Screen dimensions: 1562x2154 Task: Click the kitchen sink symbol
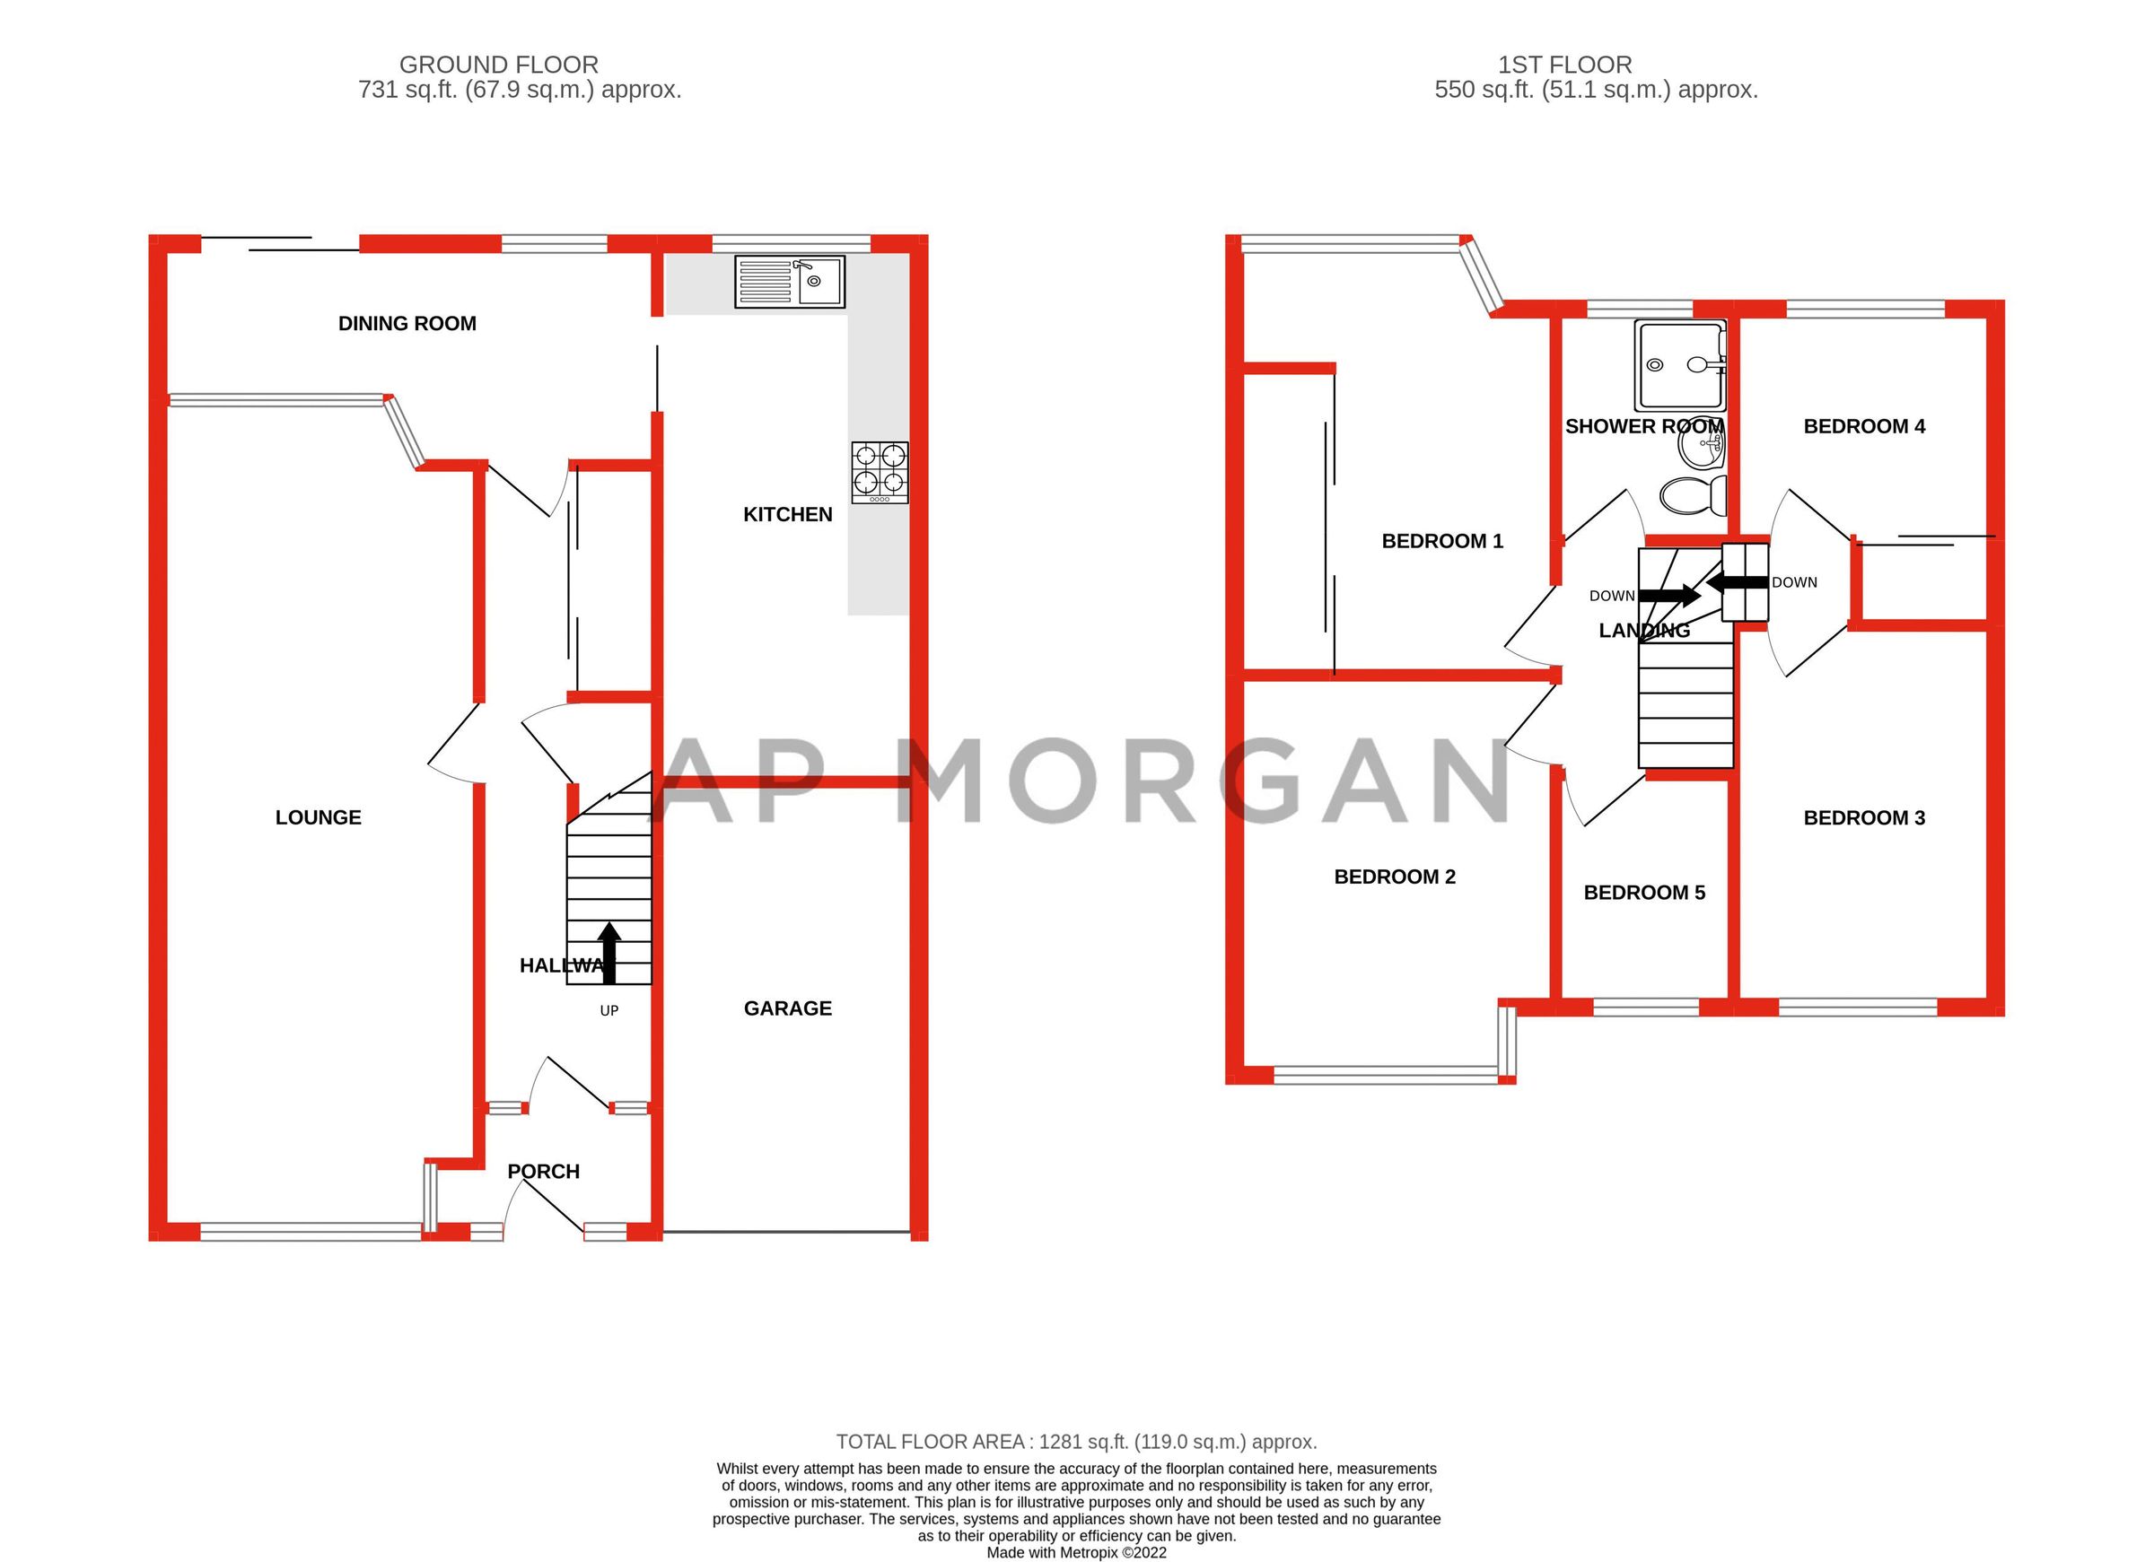[x=789, y=281]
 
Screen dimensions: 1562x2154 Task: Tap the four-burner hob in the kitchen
[x=880, y=472]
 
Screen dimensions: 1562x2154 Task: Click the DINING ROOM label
[x=407, y=324]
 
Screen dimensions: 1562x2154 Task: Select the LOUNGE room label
[x=318, y=817]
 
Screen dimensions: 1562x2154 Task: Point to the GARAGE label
[x=787, y=1008]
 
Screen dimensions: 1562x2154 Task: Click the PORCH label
[x=543, y=1172]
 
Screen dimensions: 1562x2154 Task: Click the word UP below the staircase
[x=609, y=1011]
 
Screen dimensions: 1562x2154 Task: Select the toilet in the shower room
[x=1693, y=495]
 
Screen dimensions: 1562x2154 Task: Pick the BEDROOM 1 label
[x=1441, y=541]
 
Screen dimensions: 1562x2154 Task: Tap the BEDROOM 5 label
[x=1644, y=893]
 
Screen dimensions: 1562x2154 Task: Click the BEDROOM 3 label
[x=1863, y=817]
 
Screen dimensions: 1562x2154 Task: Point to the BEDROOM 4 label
[x=1863, y=426]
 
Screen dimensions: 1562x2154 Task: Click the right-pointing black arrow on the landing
[x=1668, y=596]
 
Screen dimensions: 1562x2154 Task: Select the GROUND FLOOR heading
[x=499, y=65]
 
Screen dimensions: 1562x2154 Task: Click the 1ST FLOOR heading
[x=1564, y=65]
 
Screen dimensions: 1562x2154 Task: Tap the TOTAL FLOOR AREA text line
[x=1076, y=1442]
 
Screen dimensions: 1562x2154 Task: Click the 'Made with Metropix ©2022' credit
[x=1076, y=1553]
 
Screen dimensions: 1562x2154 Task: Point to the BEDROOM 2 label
[x=1394, y=877]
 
